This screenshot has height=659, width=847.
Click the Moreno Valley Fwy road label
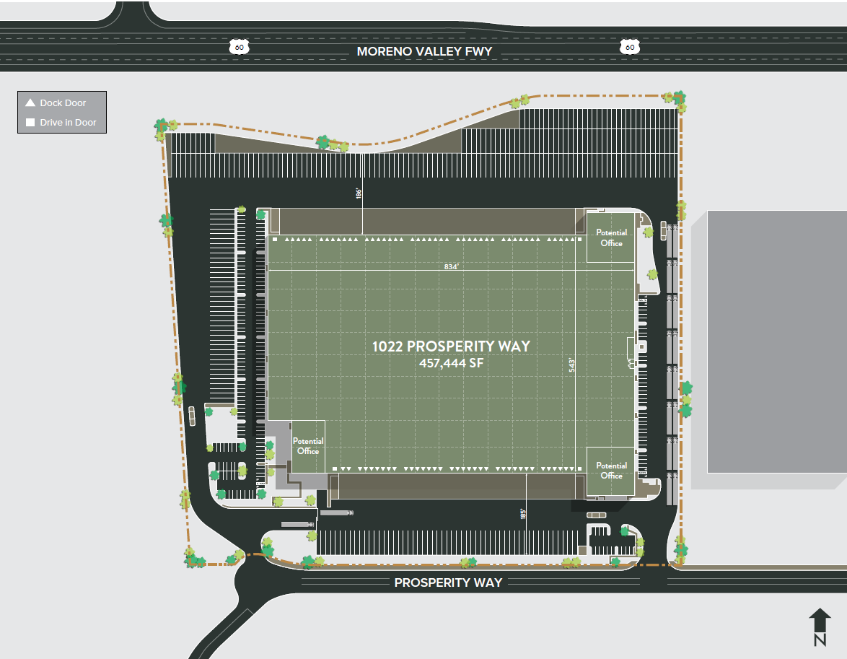424,51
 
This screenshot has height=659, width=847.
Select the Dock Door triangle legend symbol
30,102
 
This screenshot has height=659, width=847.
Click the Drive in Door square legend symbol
30,123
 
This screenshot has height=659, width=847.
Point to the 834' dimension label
452,266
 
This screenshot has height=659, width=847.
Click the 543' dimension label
570,364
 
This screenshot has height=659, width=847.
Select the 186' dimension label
358,193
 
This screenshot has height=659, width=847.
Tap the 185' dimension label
523,514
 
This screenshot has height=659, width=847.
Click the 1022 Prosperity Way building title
451,346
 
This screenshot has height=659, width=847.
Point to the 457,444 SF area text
451,363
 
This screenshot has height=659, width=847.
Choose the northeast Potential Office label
611,237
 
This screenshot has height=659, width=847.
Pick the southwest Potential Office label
307,446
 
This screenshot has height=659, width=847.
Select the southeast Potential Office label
611,471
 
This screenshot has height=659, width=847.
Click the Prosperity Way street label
448,582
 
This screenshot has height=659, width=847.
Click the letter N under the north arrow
820,640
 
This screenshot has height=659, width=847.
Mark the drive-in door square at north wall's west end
275,238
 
